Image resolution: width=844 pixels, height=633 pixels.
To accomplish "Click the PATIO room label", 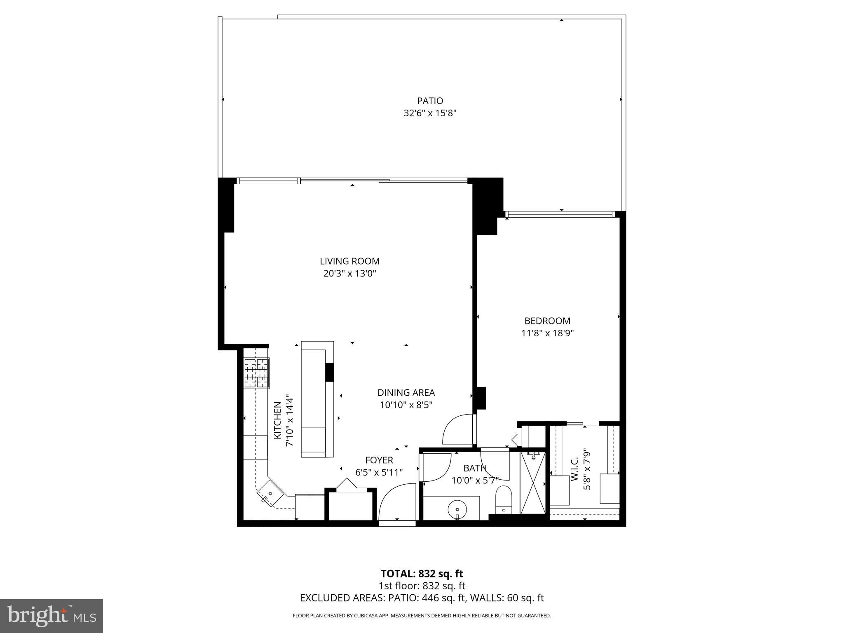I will point(430,101).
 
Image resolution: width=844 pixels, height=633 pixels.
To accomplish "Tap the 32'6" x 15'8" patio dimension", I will point(430,113).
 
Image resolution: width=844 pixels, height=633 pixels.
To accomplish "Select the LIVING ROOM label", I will point(349,261).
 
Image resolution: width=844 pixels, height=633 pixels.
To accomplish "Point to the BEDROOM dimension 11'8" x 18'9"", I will point(547,333).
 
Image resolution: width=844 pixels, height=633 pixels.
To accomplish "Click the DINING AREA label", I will point(406,393).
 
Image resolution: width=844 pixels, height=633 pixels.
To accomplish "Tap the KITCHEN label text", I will point(277,420).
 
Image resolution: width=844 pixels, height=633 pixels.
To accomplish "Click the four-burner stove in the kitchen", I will point(256,373).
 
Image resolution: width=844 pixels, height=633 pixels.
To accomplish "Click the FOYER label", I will point(379,460).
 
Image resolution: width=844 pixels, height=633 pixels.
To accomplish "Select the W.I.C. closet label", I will point(575,469).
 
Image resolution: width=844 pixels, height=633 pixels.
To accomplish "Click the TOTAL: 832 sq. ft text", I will point(422,574).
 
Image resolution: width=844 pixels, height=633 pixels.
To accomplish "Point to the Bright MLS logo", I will point(52,616).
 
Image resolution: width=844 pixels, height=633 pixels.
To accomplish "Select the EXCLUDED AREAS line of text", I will point(422,598).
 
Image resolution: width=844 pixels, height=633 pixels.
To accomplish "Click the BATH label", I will point(475,468).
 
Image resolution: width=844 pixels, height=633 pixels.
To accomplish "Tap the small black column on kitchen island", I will point(329,372).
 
